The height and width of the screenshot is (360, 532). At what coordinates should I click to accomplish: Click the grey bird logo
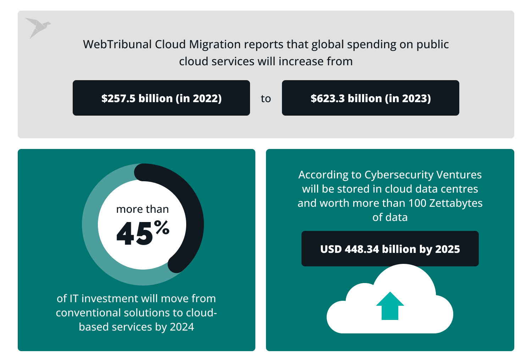(x=37, y=27)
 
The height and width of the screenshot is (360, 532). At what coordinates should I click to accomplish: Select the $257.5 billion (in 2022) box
(x=161, y=98)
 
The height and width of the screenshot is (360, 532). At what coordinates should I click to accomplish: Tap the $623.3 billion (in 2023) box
(x=371, y=98)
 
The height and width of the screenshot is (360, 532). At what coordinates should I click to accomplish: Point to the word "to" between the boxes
(x=266, y=99)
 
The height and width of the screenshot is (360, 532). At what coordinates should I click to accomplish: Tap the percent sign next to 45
(x=162, y=227)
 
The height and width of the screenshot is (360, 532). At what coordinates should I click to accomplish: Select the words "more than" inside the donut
(x=143, y=209)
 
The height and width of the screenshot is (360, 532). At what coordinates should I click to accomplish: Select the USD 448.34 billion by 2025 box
(x=390, y=249)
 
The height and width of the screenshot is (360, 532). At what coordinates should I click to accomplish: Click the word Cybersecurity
(x=399, y=175)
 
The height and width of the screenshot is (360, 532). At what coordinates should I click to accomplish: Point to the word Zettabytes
(x=456, y=203)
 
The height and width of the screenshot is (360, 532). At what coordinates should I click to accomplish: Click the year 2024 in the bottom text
(x=182, y=327)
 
